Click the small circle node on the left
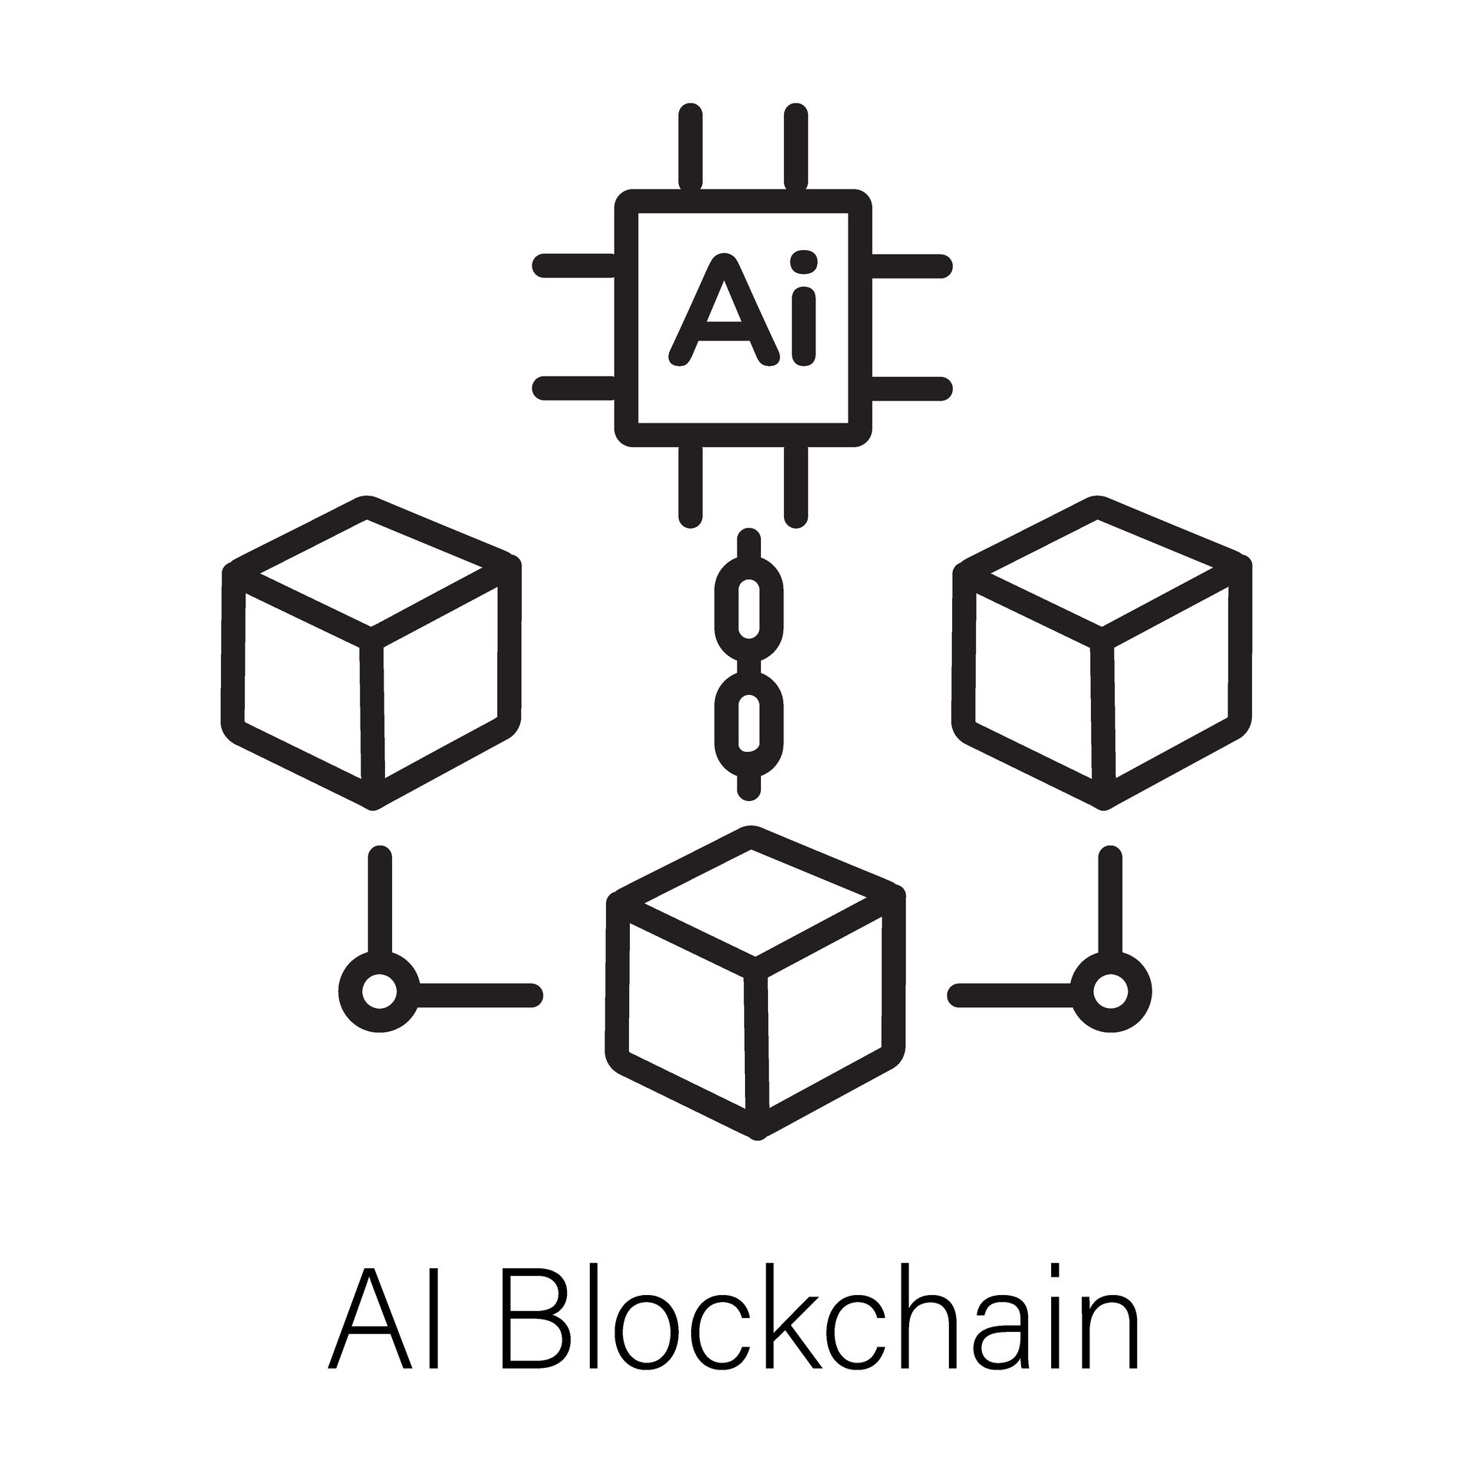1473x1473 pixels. (379, 992)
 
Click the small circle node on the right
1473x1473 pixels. (1110, 992)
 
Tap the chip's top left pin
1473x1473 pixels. (690, 146)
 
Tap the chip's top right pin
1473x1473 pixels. (796, 146)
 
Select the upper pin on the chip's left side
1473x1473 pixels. (575, 265)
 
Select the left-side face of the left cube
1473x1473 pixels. (302, 687)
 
